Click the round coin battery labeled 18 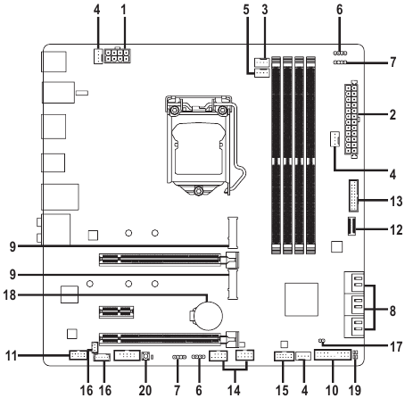[x=210, y=316]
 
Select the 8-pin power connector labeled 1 [x=118, y=55]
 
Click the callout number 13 [x=396, y=202]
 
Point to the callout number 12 [x=396, y=229]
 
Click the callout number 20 [x=145, y=390]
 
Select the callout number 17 [x=396, y=346]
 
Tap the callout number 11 [x=12, y=355]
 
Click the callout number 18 [x=10, y=295]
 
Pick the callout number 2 [x=393, y=115]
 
